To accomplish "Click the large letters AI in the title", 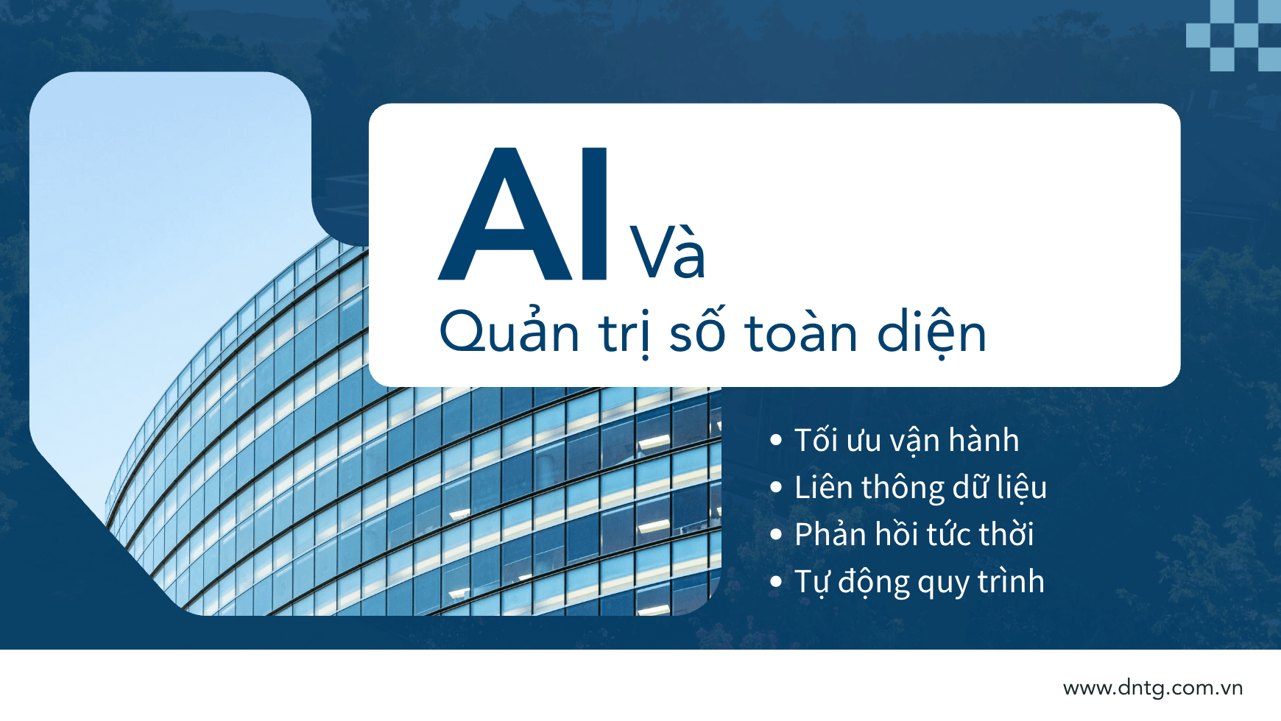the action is click(x=523, y=214).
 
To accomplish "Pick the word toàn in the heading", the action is click(x=802, y=331).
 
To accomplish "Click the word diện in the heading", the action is click(x=931, y=333).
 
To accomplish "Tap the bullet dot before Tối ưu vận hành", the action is click(x=775, y=440).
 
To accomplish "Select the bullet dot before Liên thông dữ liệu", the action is click(x=775, y=487).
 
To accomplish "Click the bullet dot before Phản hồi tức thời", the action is click(x=775, y=534).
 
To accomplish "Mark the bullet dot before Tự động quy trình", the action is click(x=775, y=581).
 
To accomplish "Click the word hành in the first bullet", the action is click(x=984, y=440).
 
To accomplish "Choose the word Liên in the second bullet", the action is click(x=823, y=487).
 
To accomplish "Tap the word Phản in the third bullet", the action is click(x=830, y=533).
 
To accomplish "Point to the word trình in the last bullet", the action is click(x=1011, y=580).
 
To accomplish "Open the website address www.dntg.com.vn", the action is click(x=1153, y=688).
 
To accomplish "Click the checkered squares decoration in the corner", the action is click(x=1234, y=35).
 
